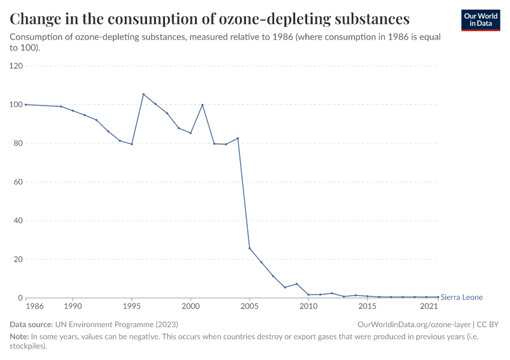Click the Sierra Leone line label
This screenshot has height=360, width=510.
[x=461, y=298]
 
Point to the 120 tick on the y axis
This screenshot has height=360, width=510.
[x=16, y=66]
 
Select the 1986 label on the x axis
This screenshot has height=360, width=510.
[x=26, y=307]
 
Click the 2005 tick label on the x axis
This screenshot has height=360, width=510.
[x=250, y=307]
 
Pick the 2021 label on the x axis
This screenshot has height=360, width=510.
[x=429, y=307]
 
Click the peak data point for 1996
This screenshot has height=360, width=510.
[x=143, y=94]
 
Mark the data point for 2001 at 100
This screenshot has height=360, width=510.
[x=202, y=104]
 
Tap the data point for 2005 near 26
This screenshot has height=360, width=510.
[x=250, y=248]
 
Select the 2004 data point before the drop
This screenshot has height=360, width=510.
[x=238, y=138]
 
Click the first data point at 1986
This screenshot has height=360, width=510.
[x=26, y=104]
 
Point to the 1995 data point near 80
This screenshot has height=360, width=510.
[x=131, y=144]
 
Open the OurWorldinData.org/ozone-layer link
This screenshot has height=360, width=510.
[x=414, y=324]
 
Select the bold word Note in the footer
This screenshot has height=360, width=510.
[x=19, y=337]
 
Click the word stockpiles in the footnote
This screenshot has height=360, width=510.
[x=25, y=346]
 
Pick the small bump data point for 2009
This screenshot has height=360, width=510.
[x=296, y=284]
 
